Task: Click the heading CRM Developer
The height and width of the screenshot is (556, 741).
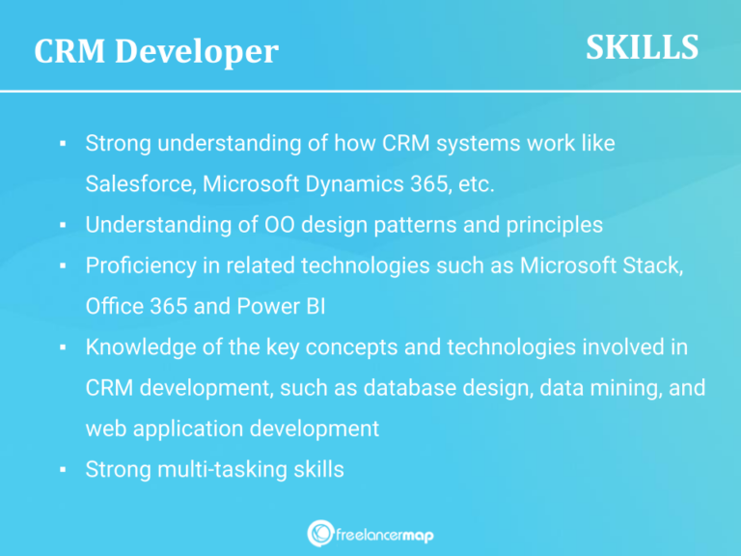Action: point(155,51)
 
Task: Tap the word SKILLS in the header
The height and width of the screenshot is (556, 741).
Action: point(642,46)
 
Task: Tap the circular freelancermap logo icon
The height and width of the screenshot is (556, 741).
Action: point(320,533)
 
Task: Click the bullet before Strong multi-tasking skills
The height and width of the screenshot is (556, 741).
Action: point(62,470)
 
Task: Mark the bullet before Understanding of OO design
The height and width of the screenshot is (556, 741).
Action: point(62,225)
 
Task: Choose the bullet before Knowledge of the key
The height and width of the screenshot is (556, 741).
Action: point(62,347)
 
